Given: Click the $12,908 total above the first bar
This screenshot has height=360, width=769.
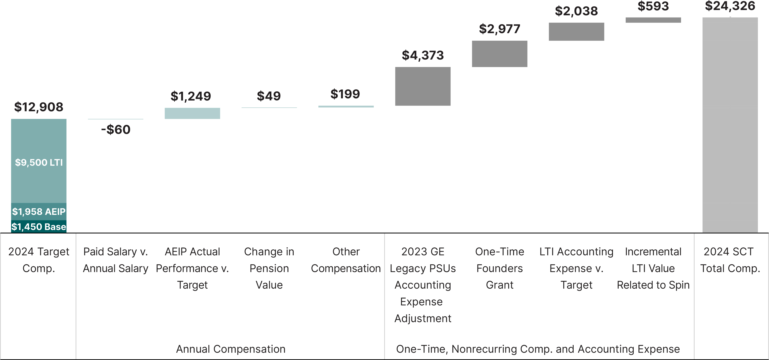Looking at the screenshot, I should click(x=39, y=107).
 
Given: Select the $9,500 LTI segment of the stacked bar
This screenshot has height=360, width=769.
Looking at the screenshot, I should click(x=39, y=161).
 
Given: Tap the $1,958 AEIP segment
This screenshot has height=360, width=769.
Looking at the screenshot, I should click(x=39, y=212).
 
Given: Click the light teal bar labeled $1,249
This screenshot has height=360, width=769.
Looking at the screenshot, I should click(x=192, y=113).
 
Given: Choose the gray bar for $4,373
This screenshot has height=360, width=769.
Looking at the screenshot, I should click(x=423, y=86).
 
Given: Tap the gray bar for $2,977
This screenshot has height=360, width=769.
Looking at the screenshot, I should click(x=499, y=54).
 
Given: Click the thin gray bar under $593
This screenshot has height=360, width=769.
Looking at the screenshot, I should click(x=653, y=20).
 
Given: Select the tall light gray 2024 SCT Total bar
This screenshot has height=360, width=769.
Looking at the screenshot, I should click(x=730, y=125).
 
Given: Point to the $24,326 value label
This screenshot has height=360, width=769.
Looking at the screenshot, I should click(x=730, y=6).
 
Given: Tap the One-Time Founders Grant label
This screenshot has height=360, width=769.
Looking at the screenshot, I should click(x=499, y=268).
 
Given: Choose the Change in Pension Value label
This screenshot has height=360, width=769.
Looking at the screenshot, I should click(x=269, y=268).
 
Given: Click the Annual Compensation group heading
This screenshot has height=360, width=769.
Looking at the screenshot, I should click(x=231, y=349).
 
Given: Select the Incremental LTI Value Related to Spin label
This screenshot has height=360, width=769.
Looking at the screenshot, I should click(x=653, y=268).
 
